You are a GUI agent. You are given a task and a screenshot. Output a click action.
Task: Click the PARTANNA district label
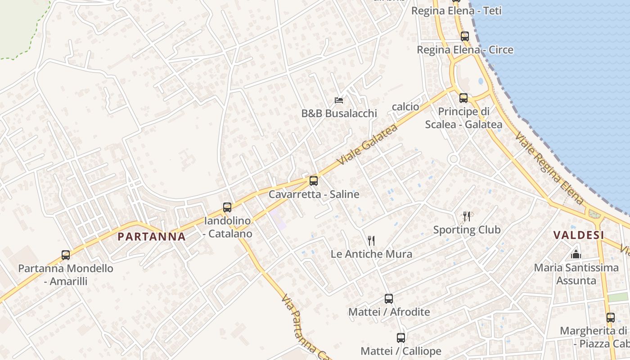click(x=151, y=237)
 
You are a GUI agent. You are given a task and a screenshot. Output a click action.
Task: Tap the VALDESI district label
click(x=578, y=235)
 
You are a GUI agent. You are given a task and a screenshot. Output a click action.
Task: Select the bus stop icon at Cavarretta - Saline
click(x=314, y=181)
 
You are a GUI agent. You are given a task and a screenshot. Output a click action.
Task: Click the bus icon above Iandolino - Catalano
click(x=227, y=207)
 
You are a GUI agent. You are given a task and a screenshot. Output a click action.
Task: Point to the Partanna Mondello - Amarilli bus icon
click(x=66, y=255)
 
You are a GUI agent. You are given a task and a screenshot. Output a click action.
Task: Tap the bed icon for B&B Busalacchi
click(x=339, y=100)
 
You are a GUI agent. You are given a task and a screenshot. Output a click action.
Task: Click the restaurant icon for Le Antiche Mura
click(x=371, y=240)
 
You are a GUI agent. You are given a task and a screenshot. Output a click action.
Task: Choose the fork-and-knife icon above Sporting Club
click(x=467, y=216)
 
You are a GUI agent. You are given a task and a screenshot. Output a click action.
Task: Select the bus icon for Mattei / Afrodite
click(x=389, y=298)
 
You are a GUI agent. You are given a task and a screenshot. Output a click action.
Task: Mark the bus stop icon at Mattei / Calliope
click(x=401, y=337)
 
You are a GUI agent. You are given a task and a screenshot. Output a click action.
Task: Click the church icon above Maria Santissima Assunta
click(x=576, y=255)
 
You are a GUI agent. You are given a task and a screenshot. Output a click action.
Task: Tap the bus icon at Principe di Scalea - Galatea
click(x=463, y=98)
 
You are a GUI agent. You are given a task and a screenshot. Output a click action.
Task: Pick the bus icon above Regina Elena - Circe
click(x=465, y=36)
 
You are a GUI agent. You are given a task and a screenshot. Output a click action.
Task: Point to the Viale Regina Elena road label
click(x=549, y=168)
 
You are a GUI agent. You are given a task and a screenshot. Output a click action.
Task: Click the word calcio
click(x=405, y=107)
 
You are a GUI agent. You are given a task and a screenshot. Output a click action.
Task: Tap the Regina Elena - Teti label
click(x=456, y=11)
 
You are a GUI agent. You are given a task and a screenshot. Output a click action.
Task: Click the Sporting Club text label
click(x=467, y=230)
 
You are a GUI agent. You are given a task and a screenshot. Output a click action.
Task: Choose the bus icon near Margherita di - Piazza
click(x=610, y=317)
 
